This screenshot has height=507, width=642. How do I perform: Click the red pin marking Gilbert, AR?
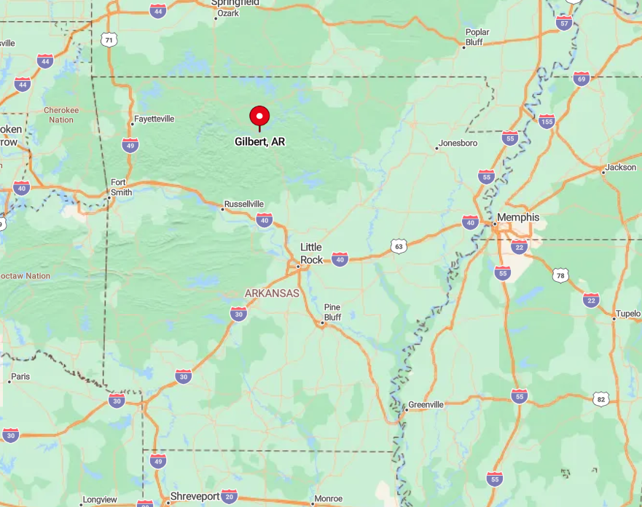point(259,117)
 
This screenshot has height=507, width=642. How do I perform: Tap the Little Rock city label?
point(311,253)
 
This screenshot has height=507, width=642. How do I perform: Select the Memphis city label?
point(518,217)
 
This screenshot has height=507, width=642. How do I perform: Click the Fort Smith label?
point(122,187)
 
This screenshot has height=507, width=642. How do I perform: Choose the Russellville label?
point(244,204)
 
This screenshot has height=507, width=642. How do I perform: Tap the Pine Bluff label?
point(332,312)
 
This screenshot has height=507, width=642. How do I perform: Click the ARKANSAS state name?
point(272,293)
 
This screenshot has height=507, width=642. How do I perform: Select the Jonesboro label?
point(459,144)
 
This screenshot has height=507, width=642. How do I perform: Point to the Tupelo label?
point(627,314)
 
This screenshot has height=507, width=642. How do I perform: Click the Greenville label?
point(426,404)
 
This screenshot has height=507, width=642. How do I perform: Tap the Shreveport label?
point(195,496)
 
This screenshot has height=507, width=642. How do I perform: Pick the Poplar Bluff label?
point(477,37)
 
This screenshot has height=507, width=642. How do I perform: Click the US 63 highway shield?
point(397,246)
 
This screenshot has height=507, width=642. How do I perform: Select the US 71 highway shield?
point(109,39)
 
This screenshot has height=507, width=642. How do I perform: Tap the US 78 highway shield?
point(560,275)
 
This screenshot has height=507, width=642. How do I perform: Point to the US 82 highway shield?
point(600,398)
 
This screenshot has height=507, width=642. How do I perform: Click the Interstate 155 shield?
point(547,121)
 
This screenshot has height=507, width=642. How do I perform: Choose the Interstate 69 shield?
point(581,79)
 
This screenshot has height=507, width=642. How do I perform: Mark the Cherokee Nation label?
point(61,114)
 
